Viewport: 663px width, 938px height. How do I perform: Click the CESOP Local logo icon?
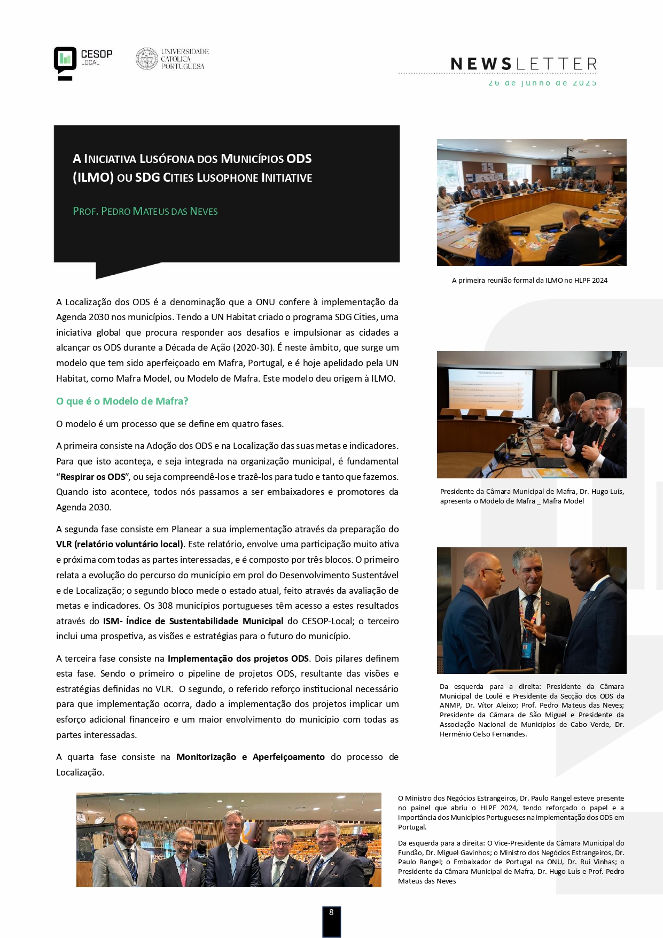[65, 63]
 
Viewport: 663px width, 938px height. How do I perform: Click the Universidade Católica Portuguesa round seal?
[146, 59]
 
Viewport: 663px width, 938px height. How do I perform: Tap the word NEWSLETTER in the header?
[524, 65]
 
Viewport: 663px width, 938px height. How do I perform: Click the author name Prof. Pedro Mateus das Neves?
[145, 211]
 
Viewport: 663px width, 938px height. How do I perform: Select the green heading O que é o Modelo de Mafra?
[122, 401]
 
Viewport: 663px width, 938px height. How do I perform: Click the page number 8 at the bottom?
[331, 912]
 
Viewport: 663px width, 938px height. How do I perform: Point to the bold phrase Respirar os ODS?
[93, 477]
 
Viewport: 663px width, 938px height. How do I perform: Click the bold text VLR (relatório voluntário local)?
[120, 544]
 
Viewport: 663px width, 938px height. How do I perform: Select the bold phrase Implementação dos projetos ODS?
[238, 658]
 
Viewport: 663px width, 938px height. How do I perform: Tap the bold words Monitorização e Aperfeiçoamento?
[251, 757]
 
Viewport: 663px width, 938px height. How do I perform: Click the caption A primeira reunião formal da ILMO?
[529, 281]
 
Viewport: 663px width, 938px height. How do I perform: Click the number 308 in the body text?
[165, 606]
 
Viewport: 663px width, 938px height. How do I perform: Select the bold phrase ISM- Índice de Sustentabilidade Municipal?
[193, 621]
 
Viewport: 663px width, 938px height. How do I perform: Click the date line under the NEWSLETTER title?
[542, 83]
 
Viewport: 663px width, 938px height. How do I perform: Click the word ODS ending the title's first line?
[299, 159]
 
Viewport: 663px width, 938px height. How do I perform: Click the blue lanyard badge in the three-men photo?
[527, 647]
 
